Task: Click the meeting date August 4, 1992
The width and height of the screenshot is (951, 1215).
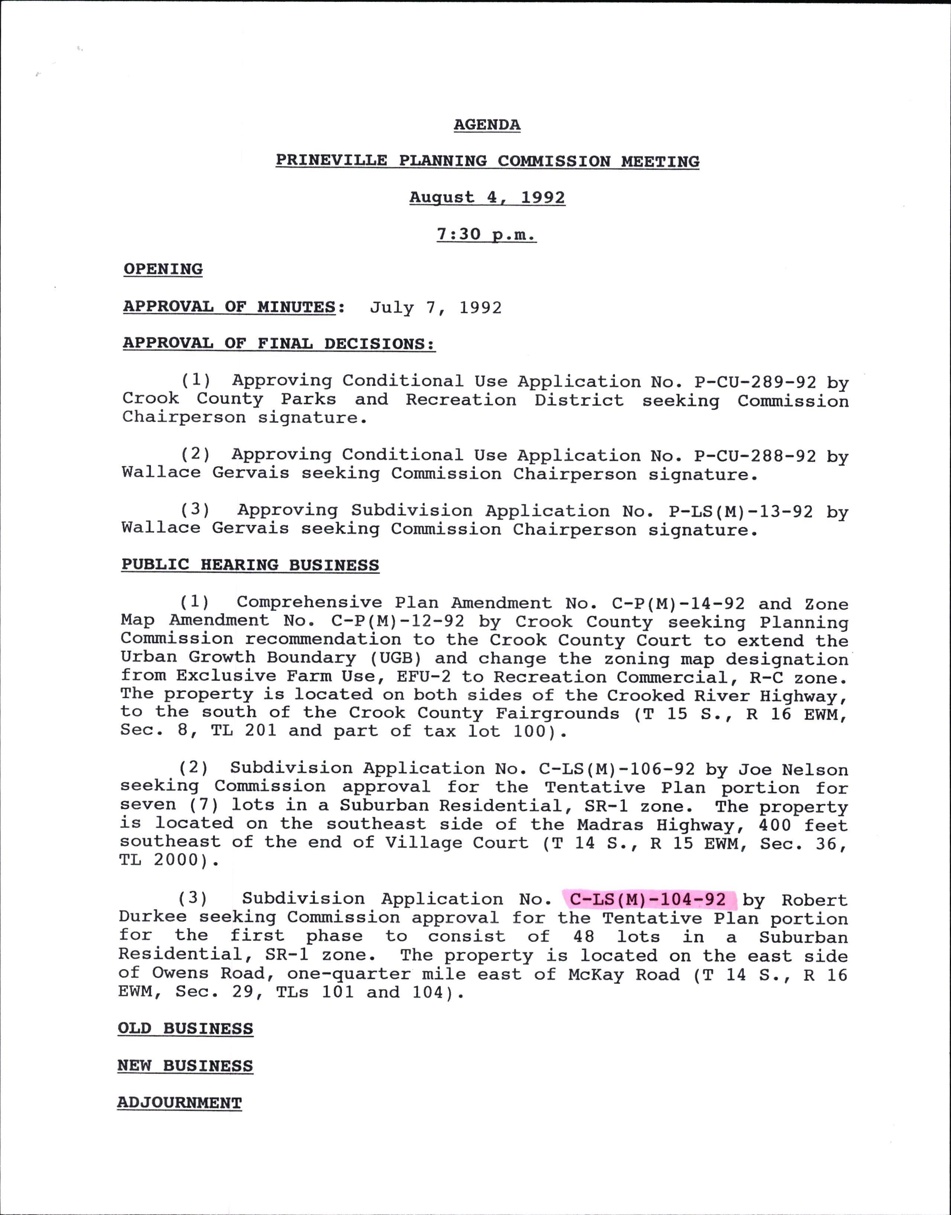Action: pos(487,198)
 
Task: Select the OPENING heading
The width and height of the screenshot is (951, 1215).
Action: pos(163,269)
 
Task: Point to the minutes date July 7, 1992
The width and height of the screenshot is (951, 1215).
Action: pos(436,308)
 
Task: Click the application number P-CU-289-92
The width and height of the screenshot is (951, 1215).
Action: pos(755,382)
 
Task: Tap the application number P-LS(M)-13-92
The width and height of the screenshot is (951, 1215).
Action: pos(741,511)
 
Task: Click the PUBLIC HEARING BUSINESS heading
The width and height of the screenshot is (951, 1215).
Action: pos(250,565)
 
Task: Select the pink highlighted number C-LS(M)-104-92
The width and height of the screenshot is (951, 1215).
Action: pos(648,900)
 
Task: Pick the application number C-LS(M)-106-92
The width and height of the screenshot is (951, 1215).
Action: pos(617,769)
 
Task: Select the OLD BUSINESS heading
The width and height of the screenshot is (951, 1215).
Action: pos(185,1028)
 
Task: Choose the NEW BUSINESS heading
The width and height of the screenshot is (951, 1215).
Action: pos(185,1066)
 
